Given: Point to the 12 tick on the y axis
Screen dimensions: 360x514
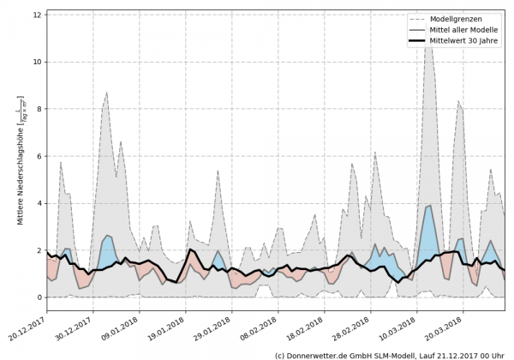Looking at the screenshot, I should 38,15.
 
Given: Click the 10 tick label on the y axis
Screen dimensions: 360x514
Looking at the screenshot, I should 38,62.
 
